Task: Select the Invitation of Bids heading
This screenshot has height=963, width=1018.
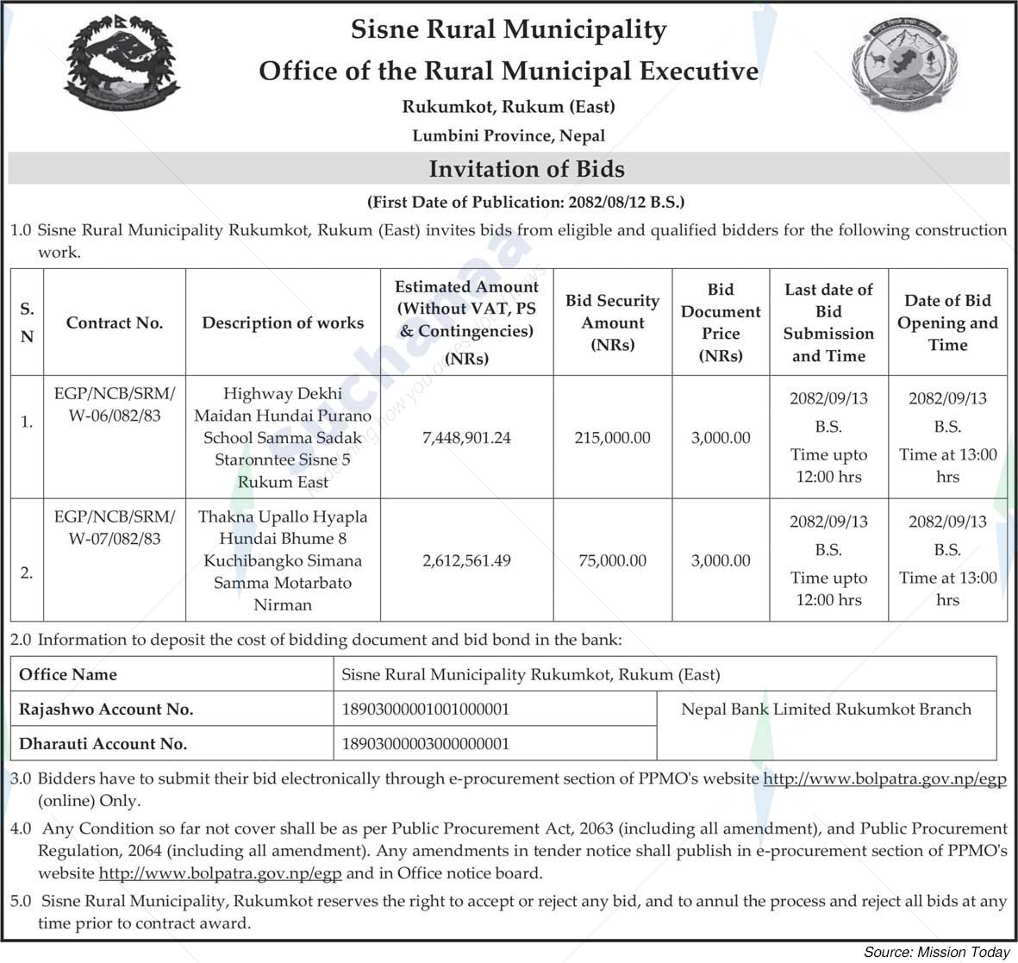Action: (x=527, y=168)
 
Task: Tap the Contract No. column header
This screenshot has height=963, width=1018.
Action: (x=114, y=322)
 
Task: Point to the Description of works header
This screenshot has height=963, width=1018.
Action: (x=283, y=322)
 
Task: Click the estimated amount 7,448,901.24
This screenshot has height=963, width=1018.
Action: (x=466, y=438)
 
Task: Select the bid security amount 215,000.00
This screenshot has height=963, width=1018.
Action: (x=612, y=438)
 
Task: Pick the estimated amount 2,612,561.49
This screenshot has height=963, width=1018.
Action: (x=466, y=560)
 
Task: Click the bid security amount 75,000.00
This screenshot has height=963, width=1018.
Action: (x=612, y=560)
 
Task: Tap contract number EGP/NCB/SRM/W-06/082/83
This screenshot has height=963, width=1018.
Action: (x=114, y=404)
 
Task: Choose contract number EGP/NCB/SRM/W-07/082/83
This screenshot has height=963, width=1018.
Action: (x=114, y=528)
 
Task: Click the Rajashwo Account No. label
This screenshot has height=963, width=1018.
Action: (x=106, y=710)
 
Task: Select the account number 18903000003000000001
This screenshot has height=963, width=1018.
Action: (x=426, y=743)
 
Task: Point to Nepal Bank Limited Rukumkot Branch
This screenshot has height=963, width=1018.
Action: (x=826, y=709)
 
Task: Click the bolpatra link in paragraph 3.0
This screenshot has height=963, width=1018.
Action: (x=885, y=779)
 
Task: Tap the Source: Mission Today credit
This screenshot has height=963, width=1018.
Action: (x=936, y=952)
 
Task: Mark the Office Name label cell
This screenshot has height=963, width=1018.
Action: (x=68, y=674)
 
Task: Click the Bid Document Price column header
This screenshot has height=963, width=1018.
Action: (x=721, y=322)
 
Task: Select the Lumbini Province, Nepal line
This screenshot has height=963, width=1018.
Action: (x=509, y=135)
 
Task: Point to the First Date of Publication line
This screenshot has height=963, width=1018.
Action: (x=526, y=203)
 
